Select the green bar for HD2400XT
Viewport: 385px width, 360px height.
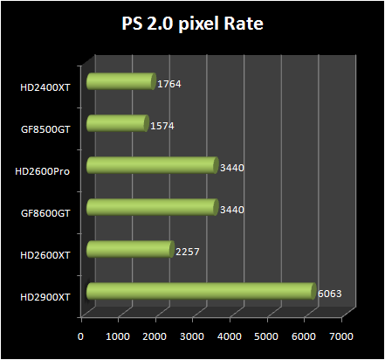click(x=120, y=83)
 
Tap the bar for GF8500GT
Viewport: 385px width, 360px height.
click(x=117, y=125)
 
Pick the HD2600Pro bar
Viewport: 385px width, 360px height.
click(x=152, y=166)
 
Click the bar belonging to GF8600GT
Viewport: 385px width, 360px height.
click(x=152, y=208)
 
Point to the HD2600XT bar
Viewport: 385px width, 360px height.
click(x=130, y=250)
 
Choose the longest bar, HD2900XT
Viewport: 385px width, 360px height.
click(x=200, y=292)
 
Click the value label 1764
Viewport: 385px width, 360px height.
click(x=169, y=85)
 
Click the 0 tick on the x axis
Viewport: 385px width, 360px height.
click(x=81, y=336)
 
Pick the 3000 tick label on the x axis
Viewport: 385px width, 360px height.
click(x=192, y=336)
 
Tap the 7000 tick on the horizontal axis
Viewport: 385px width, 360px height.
click(x=341, y=336)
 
